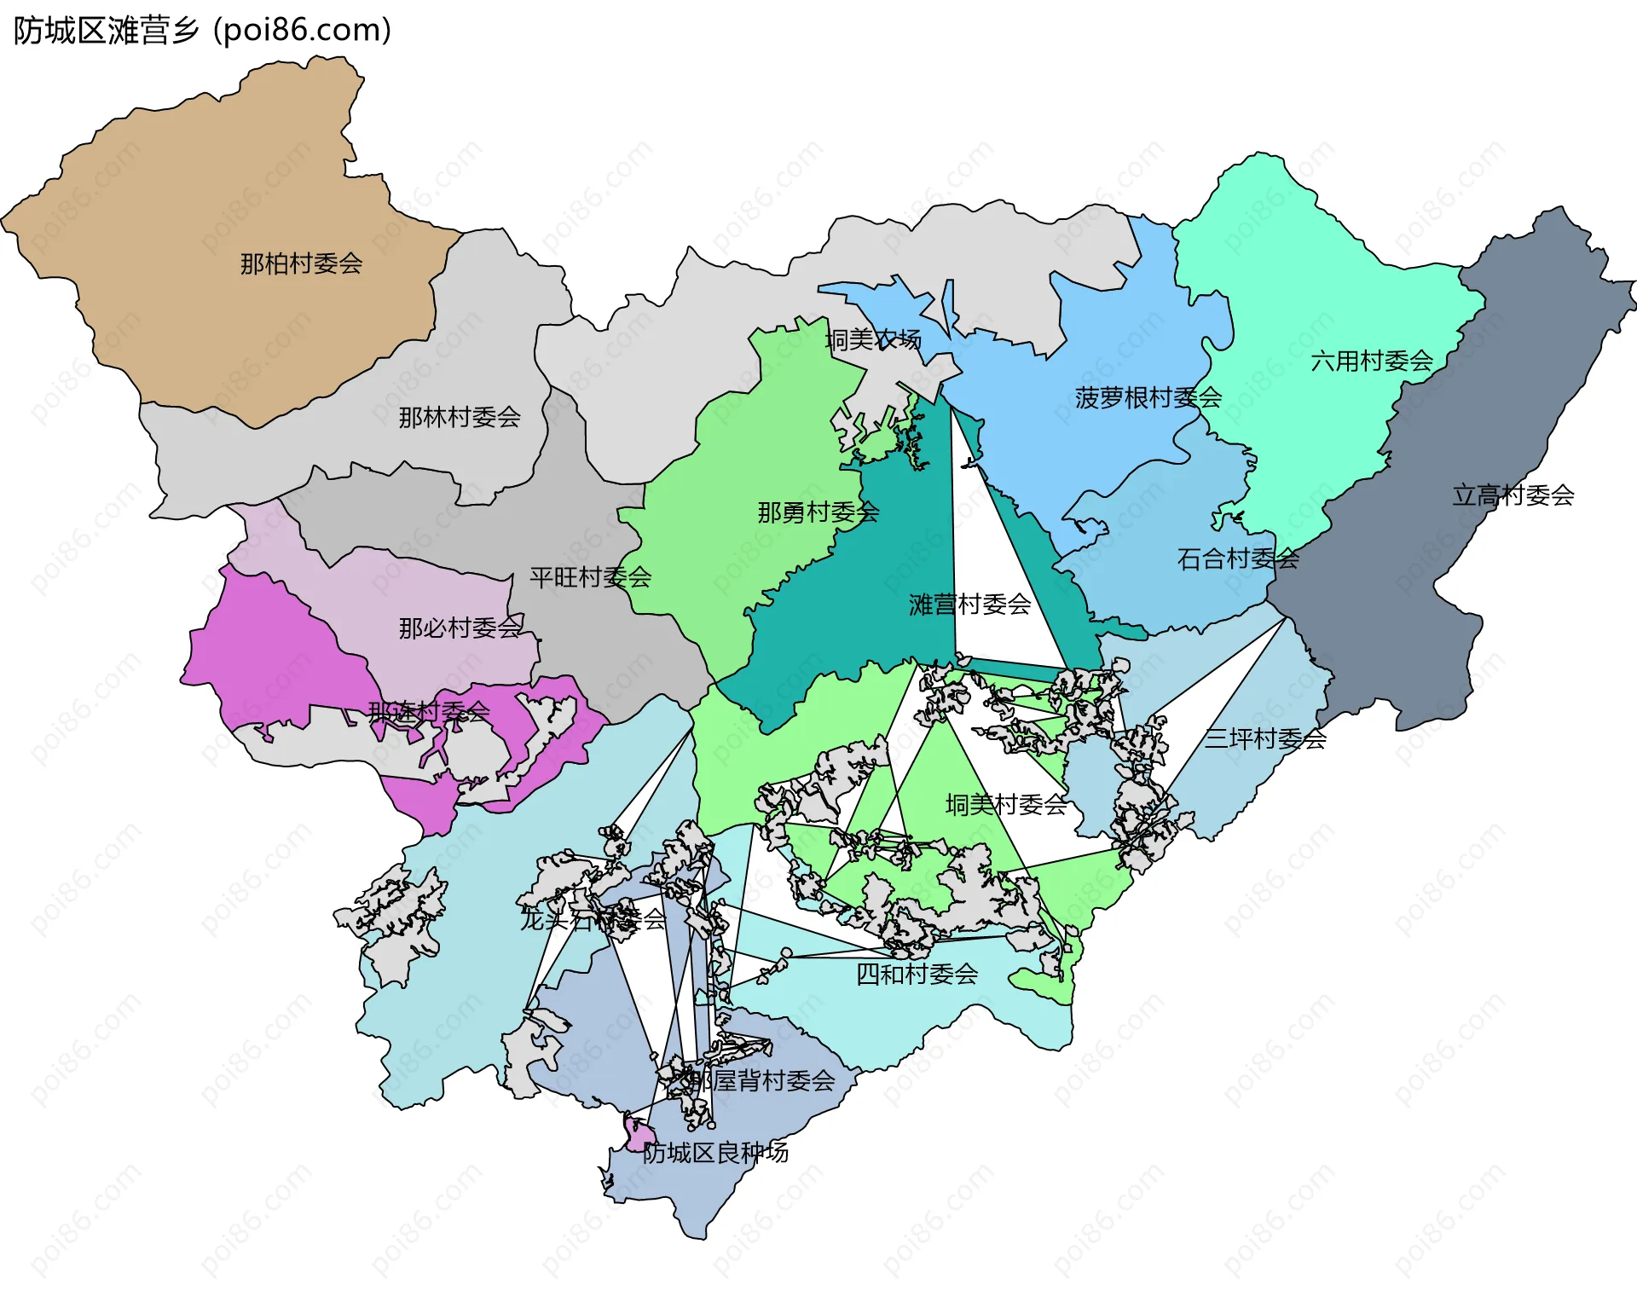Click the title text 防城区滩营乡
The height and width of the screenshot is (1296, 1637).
coord(106,31)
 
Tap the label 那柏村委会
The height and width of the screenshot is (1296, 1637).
coord(301,263)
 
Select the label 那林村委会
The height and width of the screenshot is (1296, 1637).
coord(460,417)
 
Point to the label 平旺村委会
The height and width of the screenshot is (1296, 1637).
coord(590,577)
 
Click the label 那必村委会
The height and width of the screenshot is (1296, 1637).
coord(460,628)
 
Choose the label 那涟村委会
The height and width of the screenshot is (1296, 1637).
coord(429,710)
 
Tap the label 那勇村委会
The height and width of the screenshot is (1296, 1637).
coord(818,512)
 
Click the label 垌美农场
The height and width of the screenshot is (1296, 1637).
coord(873,340)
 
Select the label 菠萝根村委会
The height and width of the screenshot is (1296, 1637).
coord(1148,397)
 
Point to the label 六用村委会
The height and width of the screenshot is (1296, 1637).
coord(1372,361)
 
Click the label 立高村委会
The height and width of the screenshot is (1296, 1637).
coord(1513,495)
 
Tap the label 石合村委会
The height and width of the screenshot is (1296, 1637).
coord(1238,559)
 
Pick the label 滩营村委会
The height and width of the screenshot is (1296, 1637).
coord(969,605)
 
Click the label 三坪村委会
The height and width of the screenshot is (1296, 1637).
coord(1265,738)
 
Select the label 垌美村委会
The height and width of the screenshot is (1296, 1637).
coord(1006,804)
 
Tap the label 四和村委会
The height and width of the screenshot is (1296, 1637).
coord(917,974)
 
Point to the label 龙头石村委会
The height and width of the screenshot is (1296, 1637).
coord(593,919)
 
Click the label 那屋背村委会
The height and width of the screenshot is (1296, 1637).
coord(761,1080)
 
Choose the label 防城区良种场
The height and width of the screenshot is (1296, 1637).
coord(715,1153)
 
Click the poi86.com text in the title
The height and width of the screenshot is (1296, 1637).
coord(303,31)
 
